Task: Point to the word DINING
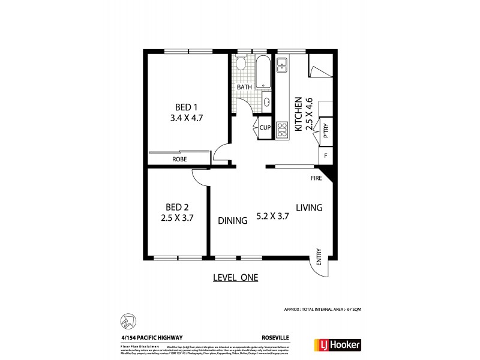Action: coord(233,221)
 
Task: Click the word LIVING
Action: coord(309,208)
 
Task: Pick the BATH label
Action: coord(244,88)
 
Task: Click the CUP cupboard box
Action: coord(265,127)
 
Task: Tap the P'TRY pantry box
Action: coord(326,130)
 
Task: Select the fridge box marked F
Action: coord(326,155)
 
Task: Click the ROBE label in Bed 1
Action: coord(179,159)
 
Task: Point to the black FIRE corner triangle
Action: coord(328,175)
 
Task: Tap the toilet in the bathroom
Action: coord(241,64)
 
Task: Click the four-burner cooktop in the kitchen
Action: coord(282,128)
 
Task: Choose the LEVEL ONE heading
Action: coord(235,277)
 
